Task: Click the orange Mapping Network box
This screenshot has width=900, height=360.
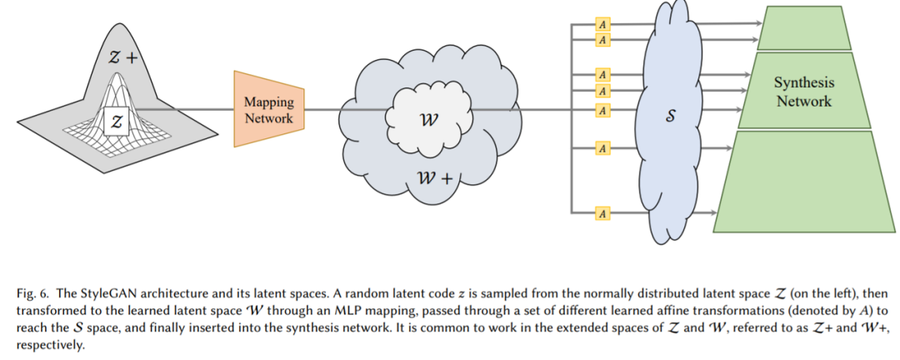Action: tap(268, 110)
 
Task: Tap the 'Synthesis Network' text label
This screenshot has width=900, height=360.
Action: tap(803, 92)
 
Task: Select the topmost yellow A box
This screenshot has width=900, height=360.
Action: tap(602, 25)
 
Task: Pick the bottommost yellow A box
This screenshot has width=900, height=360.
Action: tap(602, 214)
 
